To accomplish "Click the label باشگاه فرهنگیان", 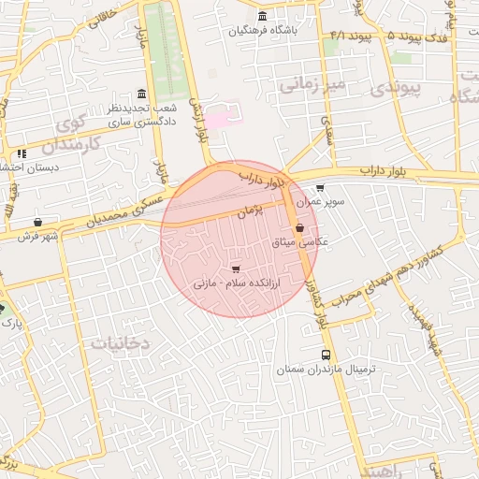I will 263,31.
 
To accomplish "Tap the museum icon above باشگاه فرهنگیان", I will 262,16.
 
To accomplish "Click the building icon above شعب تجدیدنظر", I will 140,94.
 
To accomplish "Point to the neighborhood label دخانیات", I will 121,343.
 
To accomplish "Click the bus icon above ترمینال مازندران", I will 326,355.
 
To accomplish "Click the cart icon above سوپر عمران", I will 321,187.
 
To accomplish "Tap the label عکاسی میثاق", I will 299,241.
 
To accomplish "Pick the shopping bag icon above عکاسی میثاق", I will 299,227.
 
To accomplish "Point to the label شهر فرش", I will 36,237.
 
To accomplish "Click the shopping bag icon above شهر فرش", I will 36,223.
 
